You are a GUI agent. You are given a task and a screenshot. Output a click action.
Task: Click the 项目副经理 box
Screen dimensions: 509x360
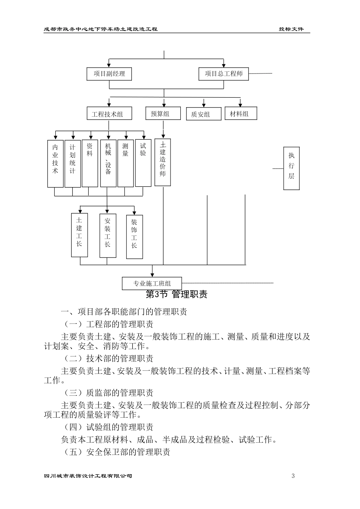tap(109, 74)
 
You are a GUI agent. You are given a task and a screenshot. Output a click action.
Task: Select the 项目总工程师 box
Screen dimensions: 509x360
tap(224, 74)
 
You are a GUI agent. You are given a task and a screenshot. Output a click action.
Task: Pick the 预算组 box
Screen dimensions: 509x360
tap(163, 114)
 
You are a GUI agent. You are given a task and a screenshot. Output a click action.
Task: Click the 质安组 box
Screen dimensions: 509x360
tap(203, 114)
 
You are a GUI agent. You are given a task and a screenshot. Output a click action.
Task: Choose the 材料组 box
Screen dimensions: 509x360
tap(241, 114)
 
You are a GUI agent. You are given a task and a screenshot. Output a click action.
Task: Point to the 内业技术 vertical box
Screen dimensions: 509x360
tap(55, 164)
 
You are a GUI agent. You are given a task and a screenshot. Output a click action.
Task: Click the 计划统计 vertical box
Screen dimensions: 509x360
tap(72, 164)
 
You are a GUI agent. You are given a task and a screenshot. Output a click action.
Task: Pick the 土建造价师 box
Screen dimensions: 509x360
tap(163, 162)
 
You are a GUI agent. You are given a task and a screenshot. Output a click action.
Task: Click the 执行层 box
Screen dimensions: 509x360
tap(291, 168)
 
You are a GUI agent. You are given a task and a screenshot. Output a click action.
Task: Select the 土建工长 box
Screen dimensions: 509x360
tap(79, 235)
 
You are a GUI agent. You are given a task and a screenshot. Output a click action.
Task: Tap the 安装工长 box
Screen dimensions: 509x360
tap(108, 236)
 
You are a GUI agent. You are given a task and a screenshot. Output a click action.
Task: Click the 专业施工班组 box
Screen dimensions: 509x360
tap(152, 283)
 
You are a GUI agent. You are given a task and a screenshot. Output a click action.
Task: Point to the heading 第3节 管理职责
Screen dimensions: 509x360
tap(177, 295)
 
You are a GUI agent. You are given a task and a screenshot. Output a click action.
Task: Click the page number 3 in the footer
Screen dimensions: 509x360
tap(293, 476)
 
